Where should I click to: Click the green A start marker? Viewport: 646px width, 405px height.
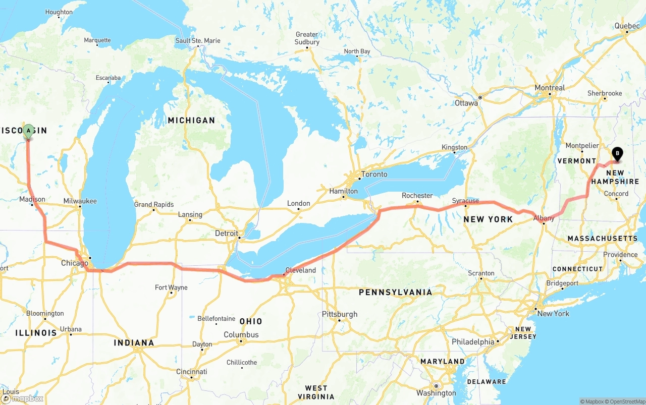[29, 131]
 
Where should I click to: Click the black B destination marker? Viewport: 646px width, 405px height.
[617, 153]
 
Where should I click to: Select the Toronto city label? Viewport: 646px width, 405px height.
[374, 174]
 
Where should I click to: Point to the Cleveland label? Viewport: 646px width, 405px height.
[301, 270]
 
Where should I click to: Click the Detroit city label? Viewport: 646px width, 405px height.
[226, 233]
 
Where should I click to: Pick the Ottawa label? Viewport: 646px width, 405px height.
[466, 103]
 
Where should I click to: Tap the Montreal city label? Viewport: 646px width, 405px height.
[550, 88]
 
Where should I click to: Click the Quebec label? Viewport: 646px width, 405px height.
[627, 26]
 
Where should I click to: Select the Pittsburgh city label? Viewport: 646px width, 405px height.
[340, 314]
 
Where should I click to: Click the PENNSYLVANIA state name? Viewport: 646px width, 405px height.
[395, 292]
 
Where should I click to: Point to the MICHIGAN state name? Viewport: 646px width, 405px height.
[191, 120]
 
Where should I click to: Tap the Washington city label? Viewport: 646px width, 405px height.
[436, 393]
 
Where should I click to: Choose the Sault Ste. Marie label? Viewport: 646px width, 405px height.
[198, 40]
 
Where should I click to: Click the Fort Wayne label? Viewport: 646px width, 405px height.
[171, 287]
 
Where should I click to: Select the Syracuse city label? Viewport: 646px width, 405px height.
[465, 201]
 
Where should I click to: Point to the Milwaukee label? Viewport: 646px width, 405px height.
[80, 201]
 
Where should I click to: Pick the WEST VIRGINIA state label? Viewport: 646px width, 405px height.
[316, 392]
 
